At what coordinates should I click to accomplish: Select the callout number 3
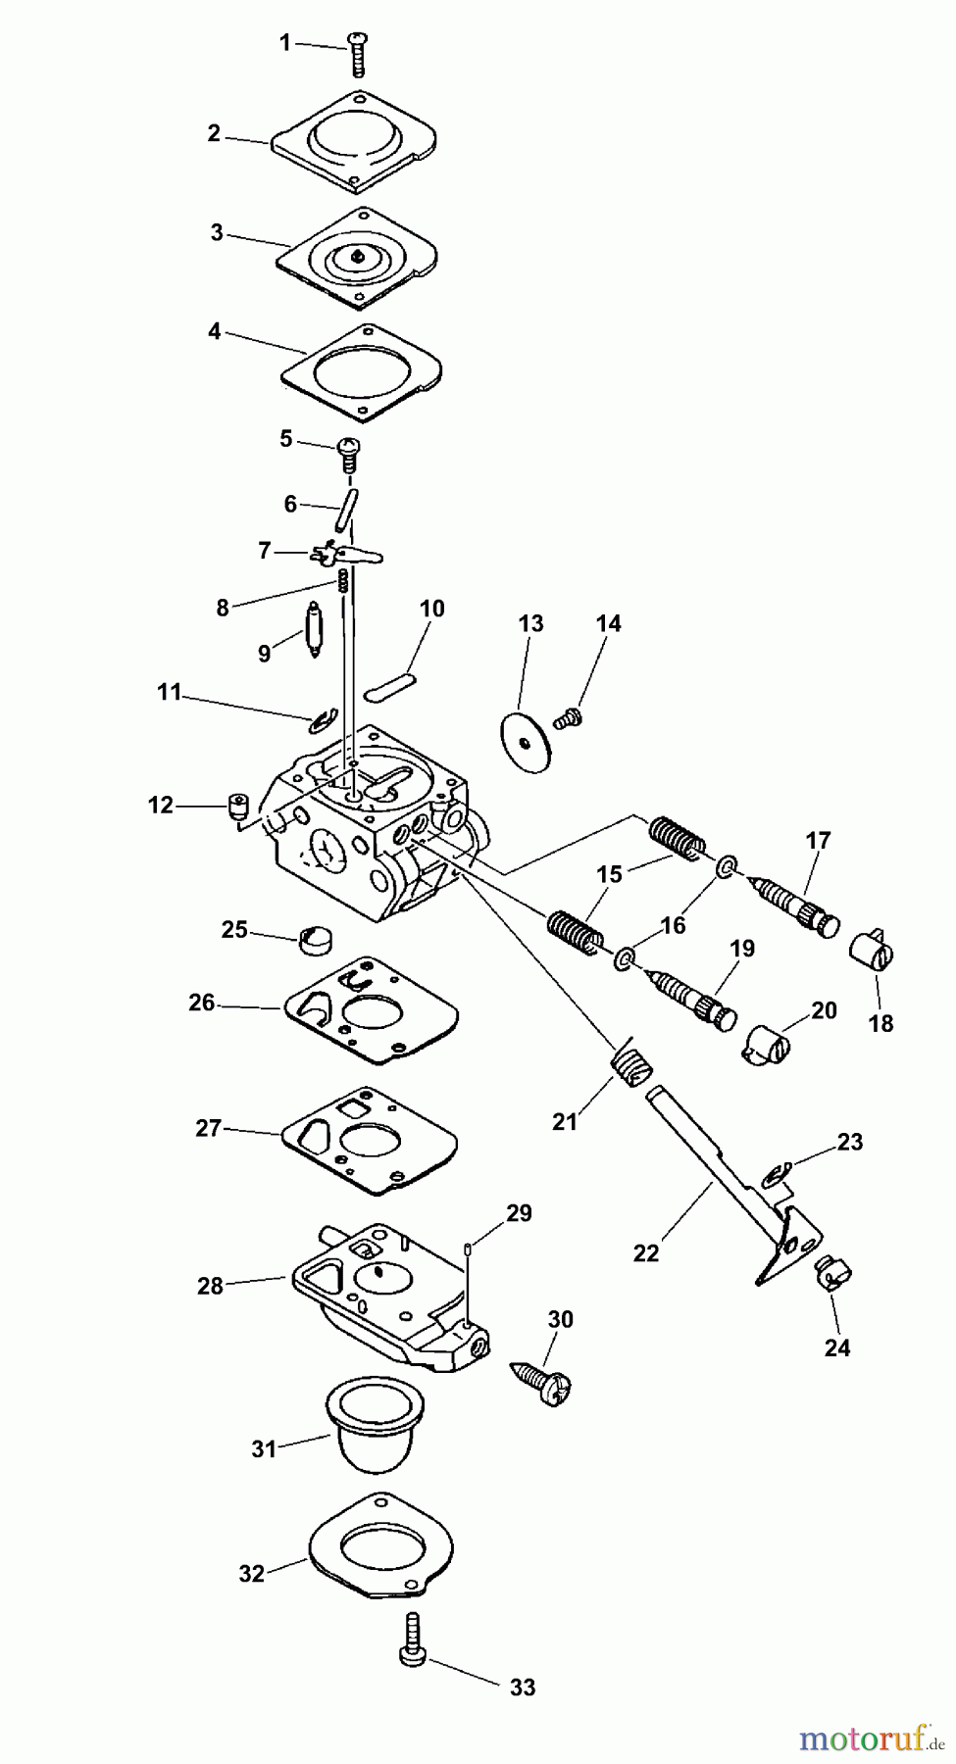(217, 232)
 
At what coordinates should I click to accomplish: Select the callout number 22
(646, 1252)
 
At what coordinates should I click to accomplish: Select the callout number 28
(211, 1286)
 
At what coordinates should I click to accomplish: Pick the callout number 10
(431, 609)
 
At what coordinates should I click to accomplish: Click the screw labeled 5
(350, 449)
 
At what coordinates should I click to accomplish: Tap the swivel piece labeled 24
(832, 1273)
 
